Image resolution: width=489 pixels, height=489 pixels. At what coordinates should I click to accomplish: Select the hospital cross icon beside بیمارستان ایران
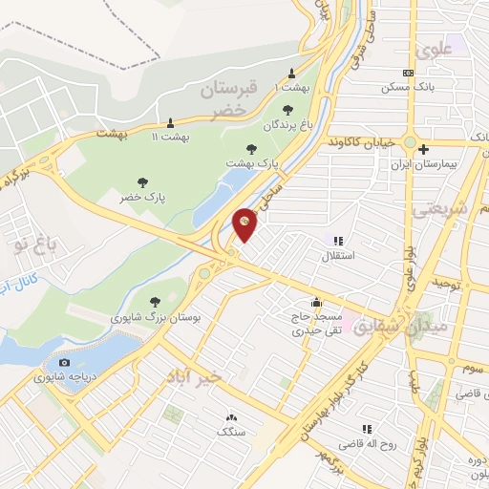pyautogui.click(x=423, y=149)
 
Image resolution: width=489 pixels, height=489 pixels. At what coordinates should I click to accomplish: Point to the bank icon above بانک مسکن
pyautogui.click(x=409, y=73)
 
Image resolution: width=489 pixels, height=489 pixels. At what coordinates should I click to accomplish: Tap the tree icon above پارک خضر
pyautogui.click(x=142, y=181)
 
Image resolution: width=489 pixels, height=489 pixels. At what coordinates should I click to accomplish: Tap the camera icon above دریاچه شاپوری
pyautogui.click(x=64, y=362)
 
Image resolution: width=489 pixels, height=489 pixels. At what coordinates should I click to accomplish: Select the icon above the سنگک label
pyautogui.click(x=230, y=417)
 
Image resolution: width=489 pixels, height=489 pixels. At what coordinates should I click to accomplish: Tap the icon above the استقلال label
pyautogui.click(x=335, y=241)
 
